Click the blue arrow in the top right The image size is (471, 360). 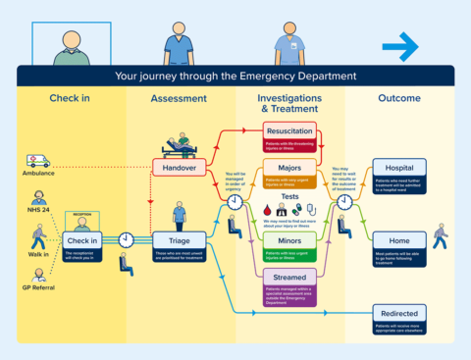pos(399,45)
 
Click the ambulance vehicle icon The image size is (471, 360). pos(38,160)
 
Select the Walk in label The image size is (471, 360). pos(38,255)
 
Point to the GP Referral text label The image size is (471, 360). pos(38,288)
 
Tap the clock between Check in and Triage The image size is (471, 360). pos(128,239)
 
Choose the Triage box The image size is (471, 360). pos(179,239)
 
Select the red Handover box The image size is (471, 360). pos(179,168)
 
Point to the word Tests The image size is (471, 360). pos(289,196)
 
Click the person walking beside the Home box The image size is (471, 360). pos(440,236)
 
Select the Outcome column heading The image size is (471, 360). pos(398,99)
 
